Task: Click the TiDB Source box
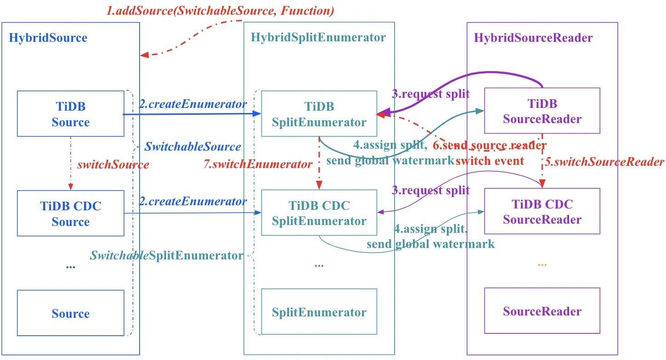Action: [70, 114]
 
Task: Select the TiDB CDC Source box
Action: [70, 214]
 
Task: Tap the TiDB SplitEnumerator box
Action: [319, 114]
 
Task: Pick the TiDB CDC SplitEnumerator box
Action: [319, 213]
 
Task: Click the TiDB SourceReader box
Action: [542, 111]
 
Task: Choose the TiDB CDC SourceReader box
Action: [542, 211]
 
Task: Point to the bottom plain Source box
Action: [70, 314]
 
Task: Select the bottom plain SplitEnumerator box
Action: [319, 312]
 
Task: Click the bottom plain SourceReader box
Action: [542, 311]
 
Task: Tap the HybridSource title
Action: [48, 38]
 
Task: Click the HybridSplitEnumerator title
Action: [318, 37]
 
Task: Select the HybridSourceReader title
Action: [533, 38]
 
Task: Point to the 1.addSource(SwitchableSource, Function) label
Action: [220, 11]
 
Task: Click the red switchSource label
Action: [113, 164]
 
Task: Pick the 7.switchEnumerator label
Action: [258, 164]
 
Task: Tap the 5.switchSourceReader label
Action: [604, 162]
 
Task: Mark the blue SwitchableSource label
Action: [192, 147]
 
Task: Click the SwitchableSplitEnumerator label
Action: [166, 255]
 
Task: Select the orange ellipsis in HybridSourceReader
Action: [542, 265]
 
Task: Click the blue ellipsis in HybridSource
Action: [70, 266]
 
